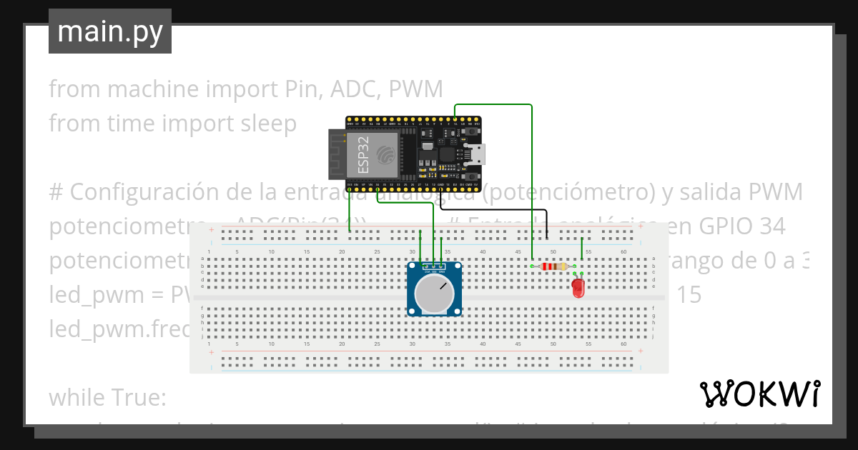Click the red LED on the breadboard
point(578,288)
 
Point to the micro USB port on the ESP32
point(475,153)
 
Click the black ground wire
point(500,210)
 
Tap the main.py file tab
point(110,31)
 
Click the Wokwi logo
point(759,394)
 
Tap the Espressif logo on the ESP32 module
point(385,153)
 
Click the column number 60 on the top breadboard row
point(623,251)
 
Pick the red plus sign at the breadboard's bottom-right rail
point(641,351)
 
